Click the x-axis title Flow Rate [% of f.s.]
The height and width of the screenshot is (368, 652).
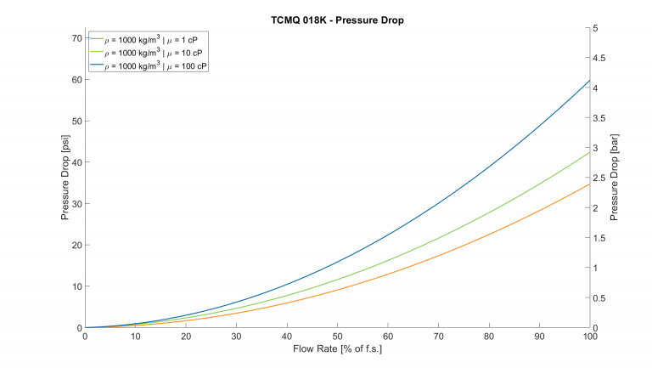336,348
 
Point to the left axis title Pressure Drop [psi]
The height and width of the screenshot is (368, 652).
65,178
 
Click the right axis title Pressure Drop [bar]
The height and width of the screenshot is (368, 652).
614,178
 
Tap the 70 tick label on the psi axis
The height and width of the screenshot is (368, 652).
76,38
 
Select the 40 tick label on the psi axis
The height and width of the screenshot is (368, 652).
76,162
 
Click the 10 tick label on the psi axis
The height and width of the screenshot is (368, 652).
76,286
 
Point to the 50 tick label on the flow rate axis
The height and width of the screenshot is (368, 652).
337,337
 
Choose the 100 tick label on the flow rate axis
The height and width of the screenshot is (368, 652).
588,337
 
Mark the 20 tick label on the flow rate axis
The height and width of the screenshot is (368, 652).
186,337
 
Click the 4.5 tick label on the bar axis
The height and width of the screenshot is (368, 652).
601,59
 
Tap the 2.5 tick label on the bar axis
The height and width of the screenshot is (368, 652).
601,178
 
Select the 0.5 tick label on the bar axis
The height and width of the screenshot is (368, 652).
601,298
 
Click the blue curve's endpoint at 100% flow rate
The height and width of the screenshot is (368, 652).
588,80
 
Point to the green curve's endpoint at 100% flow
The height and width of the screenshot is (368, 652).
588,151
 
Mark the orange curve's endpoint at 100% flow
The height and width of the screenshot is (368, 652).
588,184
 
